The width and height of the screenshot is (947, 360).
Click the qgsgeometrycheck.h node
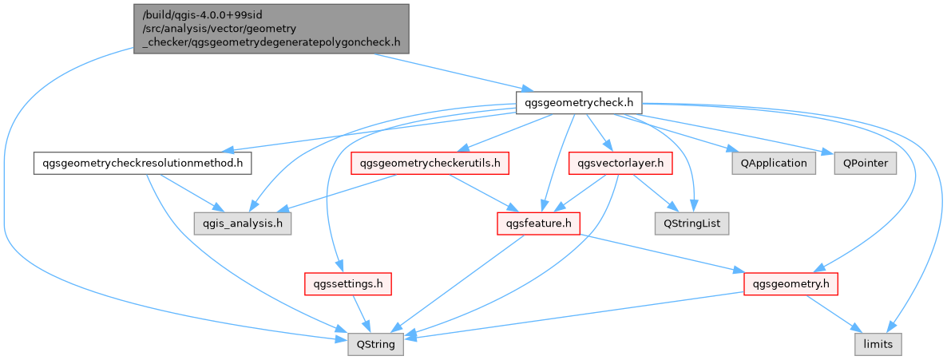[x=579, y=102]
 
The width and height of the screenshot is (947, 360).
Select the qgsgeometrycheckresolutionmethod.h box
[x=143, y=163]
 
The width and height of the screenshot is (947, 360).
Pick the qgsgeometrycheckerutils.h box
[x=430, y=163]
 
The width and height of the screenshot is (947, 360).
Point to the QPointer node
[x=865, y=163]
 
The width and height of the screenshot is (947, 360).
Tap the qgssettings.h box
[x=347, y=283]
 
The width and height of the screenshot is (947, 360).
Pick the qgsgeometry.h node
[x=790, y=283]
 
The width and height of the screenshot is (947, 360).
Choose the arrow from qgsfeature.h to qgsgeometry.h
[x=663, y=253]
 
